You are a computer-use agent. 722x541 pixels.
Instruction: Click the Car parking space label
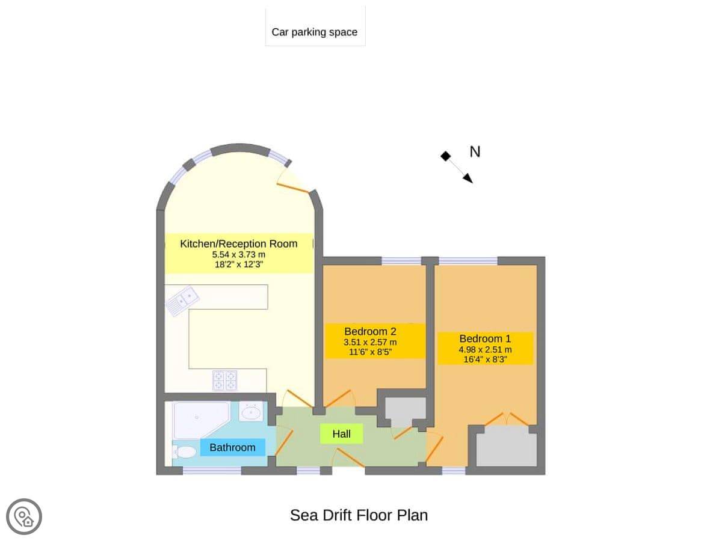click(x=314, y=32)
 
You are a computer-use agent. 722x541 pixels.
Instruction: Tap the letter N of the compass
click(x=475, y=151)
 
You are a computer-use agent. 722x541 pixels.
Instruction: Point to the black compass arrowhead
click(x=467, y=178)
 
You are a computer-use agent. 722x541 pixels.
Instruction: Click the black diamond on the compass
click(x=446, y=156)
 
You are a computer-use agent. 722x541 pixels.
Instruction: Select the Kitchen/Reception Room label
click(x=238, y=243)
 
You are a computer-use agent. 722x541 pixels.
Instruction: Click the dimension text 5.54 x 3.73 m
click(x=238, y=254)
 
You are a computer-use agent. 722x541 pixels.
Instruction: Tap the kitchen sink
click(x=183, y=300)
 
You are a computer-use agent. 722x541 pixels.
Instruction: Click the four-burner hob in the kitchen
click(x=224, y=381)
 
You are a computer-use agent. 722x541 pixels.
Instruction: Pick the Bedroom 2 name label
click(x=370, y=331)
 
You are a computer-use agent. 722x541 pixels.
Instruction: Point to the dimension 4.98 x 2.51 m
click(x=485, y=349)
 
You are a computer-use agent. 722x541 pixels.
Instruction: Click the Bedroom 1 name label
click(x=485, y=338)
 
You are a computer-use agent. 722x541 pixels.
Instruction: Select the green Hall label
click(x=341, y=433)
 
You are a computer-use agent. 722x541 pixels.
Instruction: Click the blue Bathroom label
click(x=233, y=447)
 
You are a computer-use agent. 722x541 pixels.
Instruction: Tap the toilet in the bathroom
click(x=184, y=452)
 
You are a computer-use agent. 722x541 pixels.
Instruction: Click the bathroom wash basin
click(x=251, y=411)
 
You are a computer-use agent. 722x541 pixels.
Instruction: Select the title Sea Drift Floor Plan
click(x=359, y=515)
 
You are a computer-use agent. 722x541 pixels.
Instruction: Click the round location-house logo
click(x=24, y=516)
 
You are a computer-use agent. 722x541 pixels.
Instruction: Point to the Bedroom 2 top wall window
click(x=401, y=261)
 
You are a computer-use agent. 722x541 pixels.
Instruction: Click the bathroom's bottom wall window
click(x=212, y=471)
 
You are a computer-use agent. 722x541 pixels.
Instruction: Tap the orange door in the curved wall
click(x=293, y=188)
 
